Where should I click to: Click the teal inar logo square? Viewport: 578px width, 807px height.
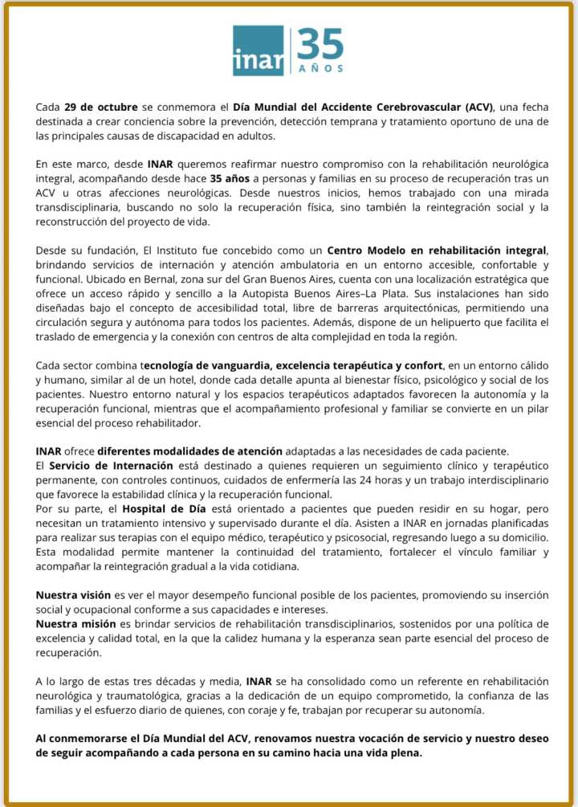tap(258, 51)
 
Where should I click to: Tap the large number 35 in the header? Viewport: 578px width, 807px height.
tap(320, 45)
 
